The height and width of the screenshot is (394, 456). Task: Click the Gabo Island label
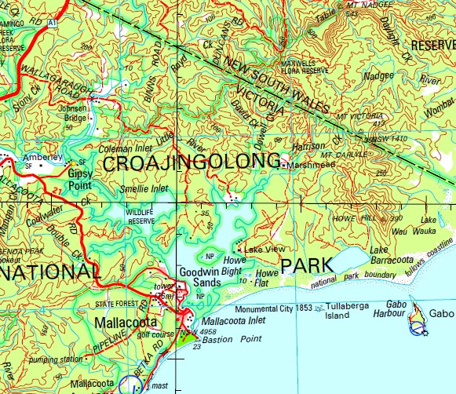pyautogui.click(x=441, y=312)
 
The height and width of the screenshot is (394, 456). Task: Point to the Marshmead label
pyautogui.click(x=311, y=166)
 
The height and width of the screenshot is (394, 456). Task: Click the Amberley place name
pyautogui.click(x=42, y=157)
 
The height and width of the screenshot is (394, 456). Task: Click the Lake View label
pyautogui.click(x=264, y=249)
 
